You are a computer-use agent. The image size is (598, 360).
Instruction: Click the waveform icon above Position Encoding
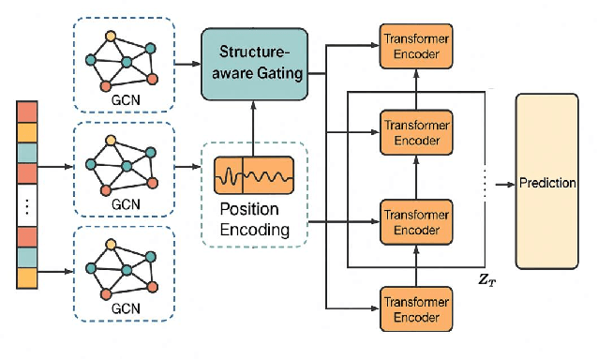[x=254, y=175]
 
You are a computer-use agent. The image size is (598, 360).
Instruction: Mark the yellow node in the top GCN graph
[x=112, y=37]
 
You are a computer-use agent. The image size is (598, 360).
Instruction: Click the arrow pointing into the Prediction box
[x=501, y=183]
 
